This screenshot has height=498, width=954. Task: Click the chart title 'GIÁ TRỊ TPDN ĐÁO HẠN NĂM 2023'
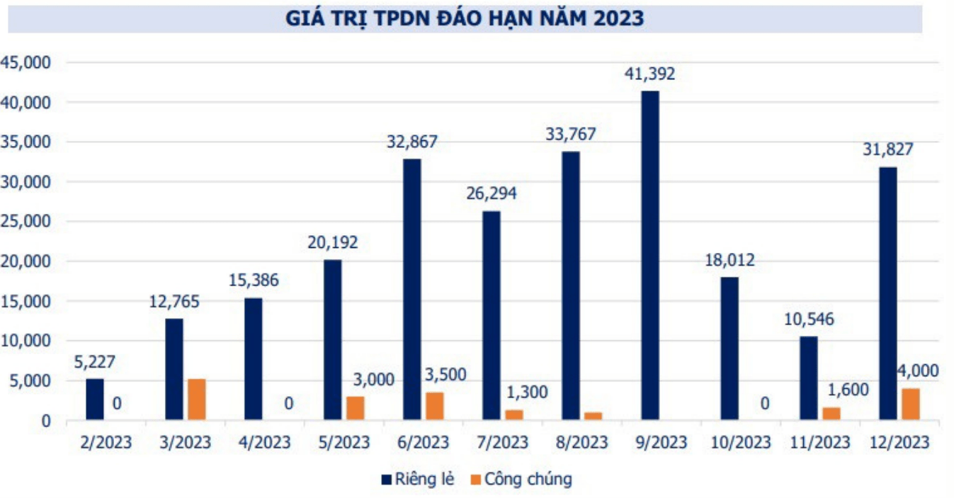click(x=465, y=18)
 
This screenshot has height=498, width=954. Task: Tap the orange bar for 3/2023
click(x=197, y=400)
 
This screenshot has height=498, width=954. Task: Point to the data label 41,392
click(x=650, y=73)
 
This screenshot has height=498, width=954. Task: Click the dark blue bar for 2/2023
click(x=95, y=400)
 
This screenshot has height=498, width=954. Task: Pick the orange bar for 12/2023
click(x=911, y=404)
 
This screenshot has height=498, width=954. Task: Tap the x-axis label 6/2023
click(x=424, y=443)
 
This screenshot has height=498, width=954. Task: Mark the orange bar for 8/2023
click(x=593, y=416)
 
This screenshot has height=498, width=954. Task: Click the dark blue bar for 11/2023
click(x=808, y=378)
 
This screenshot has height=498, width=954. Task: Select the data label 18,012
click(x=729, y=260)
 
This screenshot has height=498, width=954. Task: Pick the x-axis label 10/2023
click(x=741, y=443)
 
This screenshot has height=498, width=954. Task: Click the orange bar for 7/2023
click(x=514, y=414)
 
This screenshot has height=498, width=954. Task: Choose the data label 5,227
click(x=95, y=362)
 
